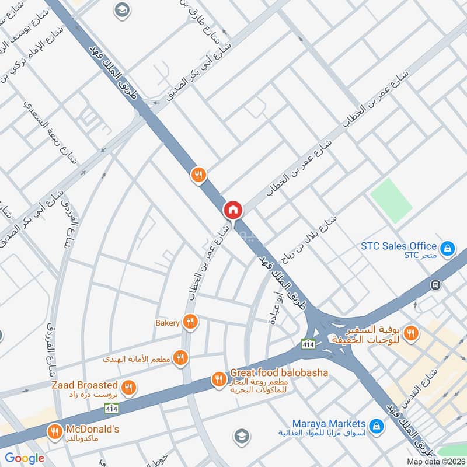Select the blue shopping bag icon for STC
click(448, 249)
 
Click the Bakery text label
click(167, 323)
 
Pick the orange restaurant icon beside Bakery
click(190, 322)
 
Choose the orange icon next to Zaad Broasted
click(130, 387)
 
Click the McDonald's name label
click(93, 429)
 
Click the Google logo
click(25, 458)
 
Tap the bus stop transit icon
click(435, 285)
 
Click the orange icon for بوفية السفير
click(412, 333)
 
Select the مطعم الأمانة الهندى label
click(138, 358)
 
